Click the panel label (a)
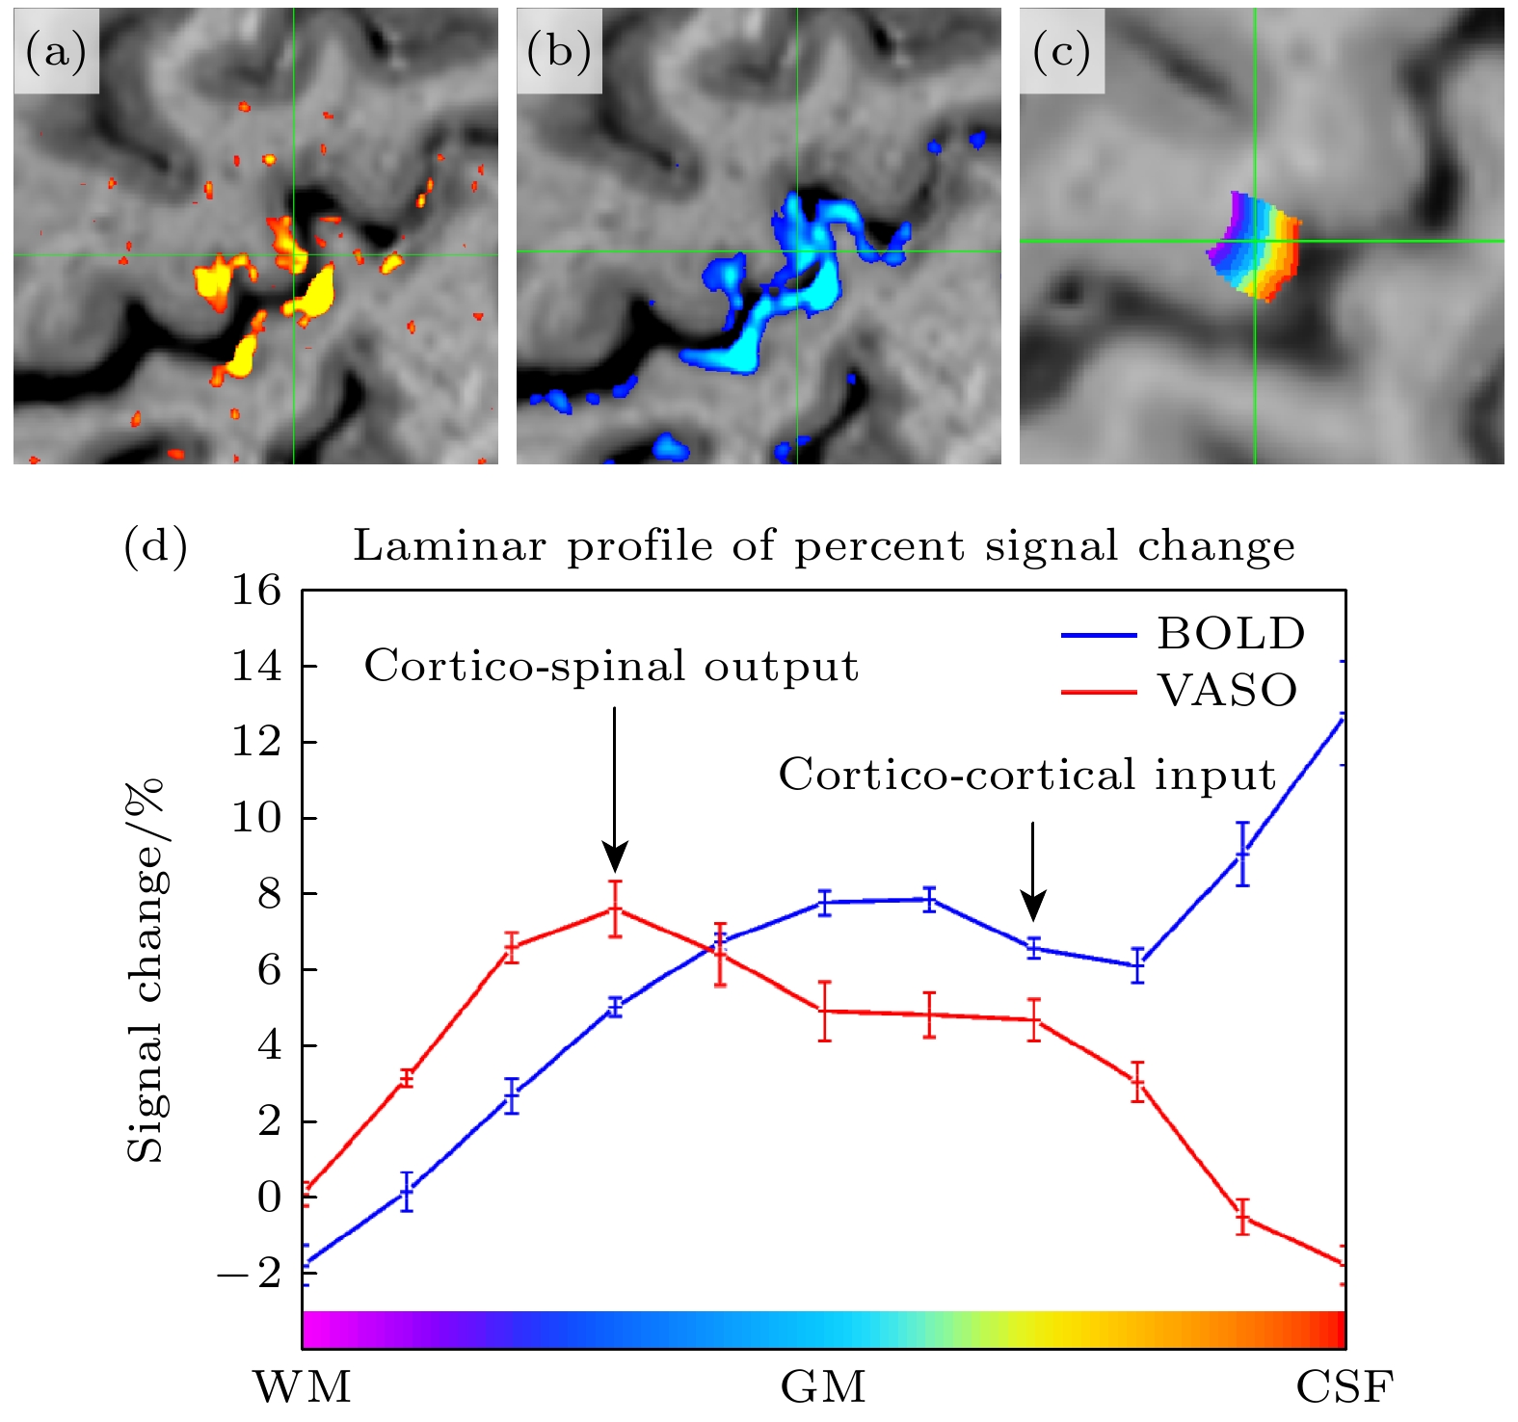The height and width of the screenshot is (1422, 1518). click(56, 52)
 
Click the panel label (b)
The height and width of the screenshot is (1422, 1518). click(559, 52)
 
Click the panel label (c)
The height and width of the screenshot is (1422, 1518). click(1061, 52)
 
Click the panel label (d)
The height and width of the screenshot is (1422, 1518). click(156, 546)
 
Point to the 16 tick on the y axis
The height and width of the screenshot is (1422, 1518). click(256, 590)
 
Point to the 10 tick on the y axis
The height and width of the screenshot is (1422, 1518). click(256, 818)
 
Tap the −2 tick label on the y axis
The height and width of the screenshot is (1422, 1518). click(249, 1274)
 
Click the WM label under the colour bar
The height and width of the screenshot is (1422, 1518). click(302, 1387)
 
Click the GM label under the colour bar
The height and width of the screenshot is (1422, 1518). click(823, 1387)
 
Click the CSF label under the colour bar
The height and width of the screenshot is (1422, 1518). click(1345, 1387)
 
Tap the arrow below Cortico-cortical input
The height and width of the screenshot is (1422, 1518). click(1033, 870)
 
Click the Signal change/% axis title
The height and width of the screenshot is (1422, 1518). click(146, 970)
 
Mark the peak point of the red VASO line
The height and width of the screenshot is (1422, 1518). click(615, 908)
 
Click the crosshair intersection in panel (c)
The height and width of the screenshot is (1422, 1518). click(1255, 241)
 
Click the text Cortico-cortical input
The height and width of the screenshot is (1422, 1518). click(1027, 775)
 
